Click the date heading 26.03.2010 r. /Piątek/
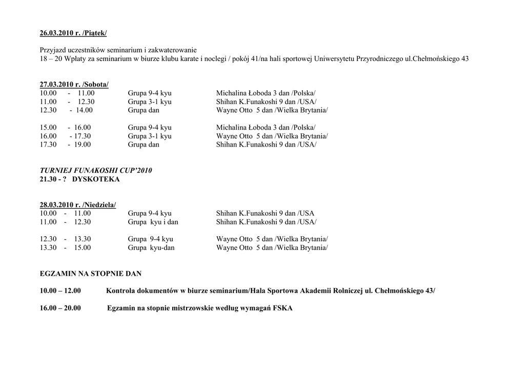click(x=73, y=33)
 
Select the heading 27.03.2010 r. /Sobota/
click(x=74, y=85)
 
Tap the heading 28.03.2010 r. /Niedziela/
click(x=78, y=205)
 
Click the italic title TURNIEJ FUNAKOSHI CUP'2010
click(x=96, y=171)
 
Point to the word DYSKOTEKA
click(x=96, y=179)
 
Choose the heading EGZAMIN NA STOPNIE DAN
click(x=91, y=274)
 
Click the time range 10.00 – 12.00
click(x=60, y=291)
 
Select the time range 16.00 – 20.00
click(x=60, y=308)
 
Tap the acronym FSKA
click(x=283, y=308)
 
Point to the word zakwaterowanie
click(x=173, y=50)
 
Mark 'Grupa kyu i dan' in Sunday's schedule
click(x=153, y=222)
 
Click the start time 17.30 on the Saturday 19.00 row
click(x=48, y=145)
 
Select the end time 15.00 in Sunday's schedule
click(x=83, y=248)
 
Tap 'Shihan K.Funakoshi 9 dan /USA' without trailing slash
click(x=265, y=213)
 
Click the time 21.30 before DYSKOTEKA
click(x=48, y=179)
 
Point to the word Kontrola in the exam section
click(x=120, y=291)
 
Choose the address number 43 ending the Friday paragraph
click(x=464, y=59)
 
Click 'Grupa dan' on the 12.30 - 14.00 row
click(x=144, y=110)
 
